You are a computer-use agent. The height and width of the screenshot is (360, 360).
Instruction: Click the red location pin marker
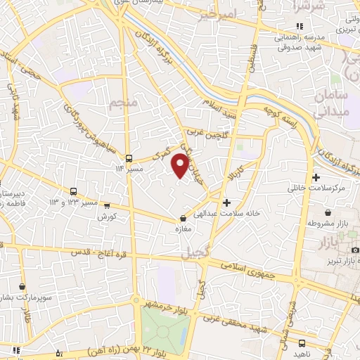pos(181,165)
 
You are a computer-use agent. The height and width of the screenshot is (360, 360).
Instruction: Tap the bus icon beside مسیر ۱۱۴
pos(129,158)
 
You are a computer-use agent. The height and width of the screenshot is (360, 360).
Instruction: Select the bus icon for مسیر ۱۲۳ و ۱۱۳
pos(74,191)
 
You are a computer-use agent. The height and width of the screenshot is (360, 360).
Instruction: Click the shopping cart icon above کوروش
pos(107,206)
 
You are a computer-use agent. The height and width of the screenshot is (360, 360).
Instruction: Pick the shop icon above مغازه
pos(184,219)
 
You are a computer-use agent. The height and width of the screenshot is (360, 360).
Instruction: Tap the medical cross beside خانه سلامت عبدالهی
pos(226,202)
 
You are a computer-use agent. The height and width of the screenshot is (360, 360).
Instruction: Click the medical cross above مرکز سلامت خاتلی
pos(316,178)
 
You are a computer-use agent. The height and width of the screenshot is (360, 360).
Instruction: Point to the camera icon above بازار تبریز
pos(355,250)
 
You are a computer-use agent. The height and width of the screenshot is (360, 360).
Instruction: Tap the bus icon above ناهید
pos(302,344)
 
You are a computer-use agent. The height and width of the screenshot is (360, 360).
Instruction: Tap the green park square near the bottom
pos(165,328)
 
